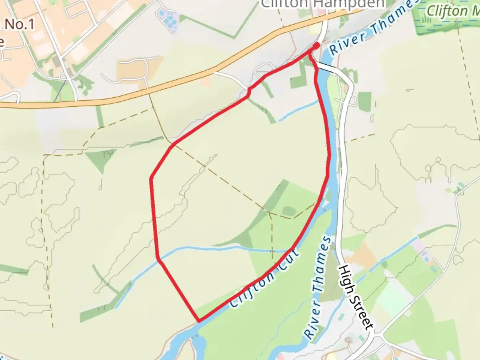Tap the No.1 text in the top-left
20,24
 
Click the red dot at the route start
317,45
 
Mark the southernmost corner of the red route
199,321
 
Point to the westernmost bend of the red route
151,179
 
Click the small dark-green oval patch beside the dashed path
289,211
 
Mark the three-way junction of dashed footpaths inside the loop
269,212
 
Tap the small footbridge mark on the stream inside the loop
272,251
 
